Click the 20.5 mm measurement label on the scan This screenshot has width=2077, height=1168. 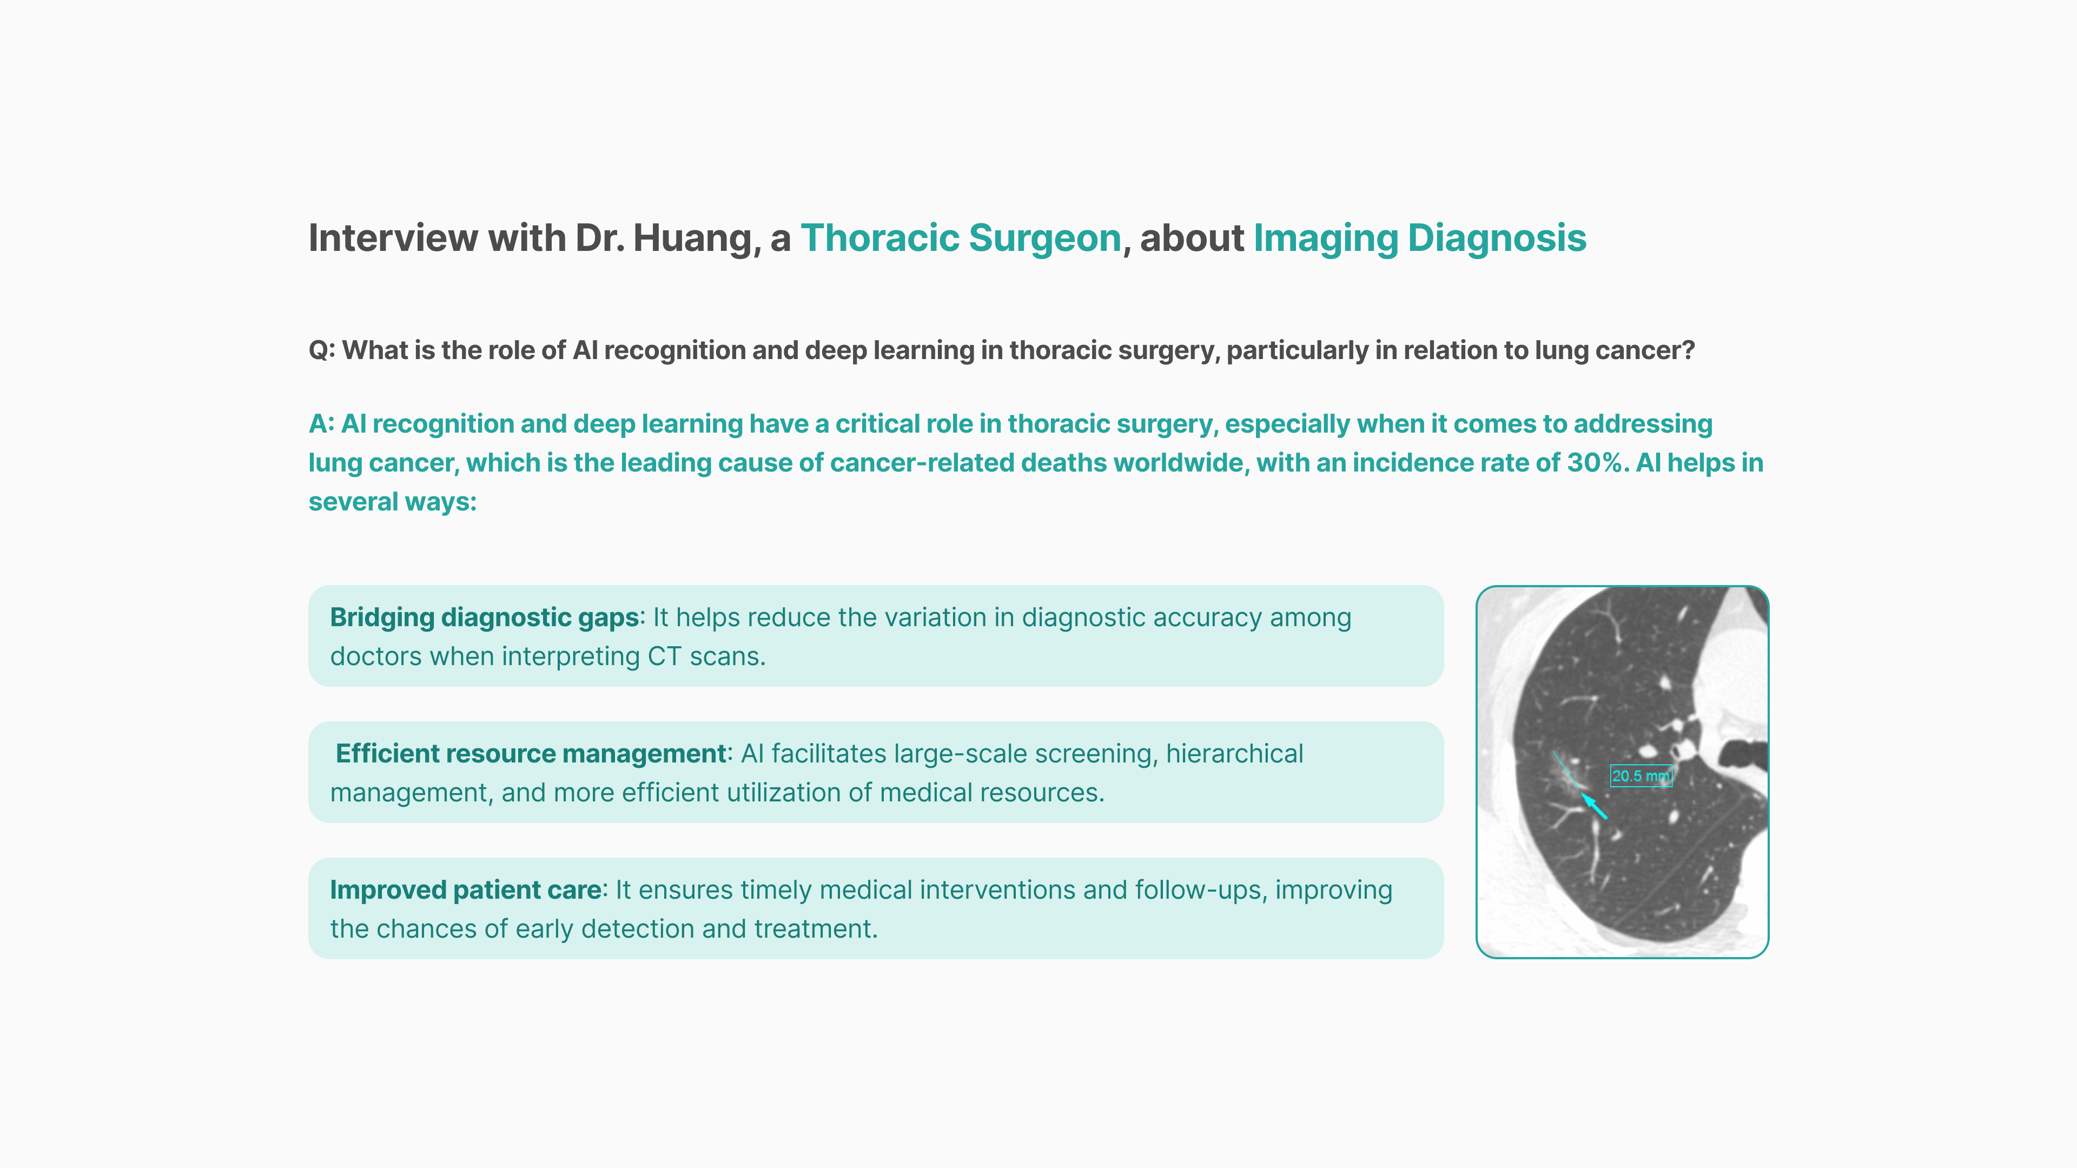[x=1641, y=775]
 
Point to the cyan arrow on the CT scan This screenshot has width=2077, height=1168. [x=1593, y=805]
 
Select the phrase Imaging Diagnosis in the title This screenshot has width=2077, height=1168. [x=1420, y=238]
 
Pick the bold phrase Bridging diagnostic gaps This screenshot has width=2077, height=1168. [x=485, y=618]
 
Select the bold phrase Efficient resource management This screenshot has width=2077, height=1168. [x=531, y=754]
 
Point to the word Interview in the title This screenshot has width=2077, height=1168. [x=393, y=238]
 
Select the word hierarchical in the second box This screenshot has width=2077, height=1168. [x=1234, y=754]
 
